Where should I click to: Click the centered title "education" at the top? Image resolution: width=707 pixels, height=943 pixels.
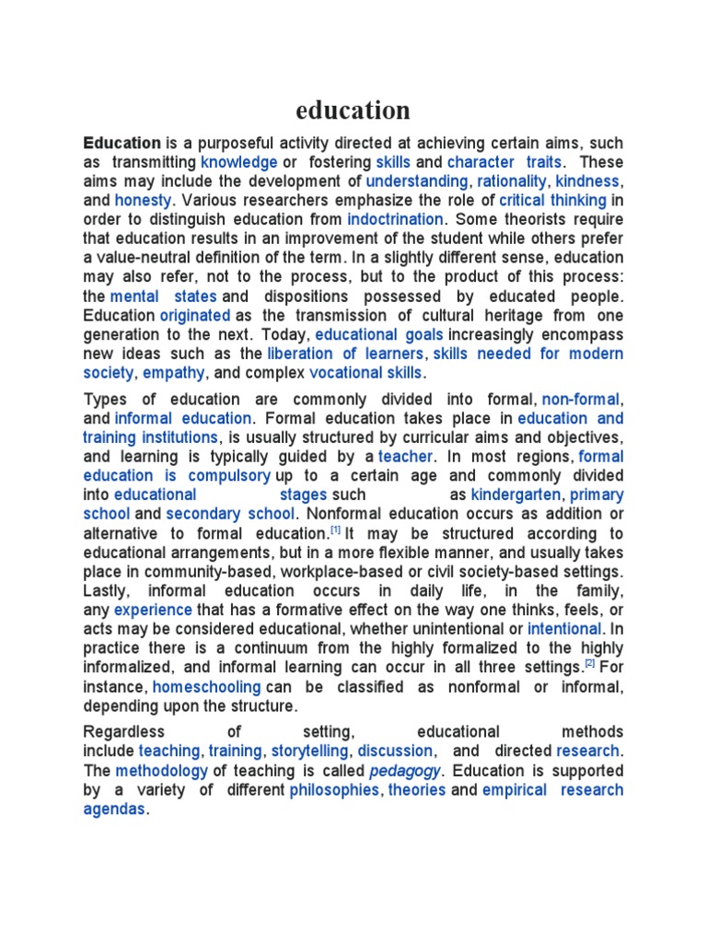(x=353, y=111)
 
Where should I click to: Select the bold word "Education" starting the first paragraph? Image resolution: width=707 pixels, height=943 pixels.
(x=122, y=143)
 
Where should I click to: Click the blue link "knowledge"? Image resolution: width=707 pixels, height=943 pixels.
(x=238, y=162)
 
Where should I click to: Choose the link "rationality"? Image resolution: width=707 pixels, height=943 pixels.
(x=511, y=181)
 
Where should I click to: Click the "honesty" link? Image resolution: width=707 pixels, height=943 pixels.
(x=143, y=201)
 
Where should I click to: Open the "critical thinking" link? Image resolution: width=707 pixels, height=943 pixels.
(x=552, y=201)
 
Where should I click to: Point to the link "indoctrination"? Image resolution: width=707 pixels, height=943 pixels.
(x=395, y=220)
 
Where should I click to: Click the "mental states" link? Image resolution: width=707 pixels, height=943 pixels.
(x=163, y=297)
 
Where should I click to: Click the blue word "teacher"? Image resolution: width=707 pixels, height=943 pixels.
(x=405, y=457)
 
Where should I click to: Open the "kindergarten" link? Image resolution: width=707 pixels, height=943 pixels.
(x=516, y=495)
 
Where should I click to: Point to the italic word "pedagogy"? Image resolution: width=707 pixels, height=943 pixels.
(x=404, y=771)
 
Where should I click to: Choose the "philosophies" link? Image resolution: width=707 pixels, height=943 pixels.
(x=334, y=790)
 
